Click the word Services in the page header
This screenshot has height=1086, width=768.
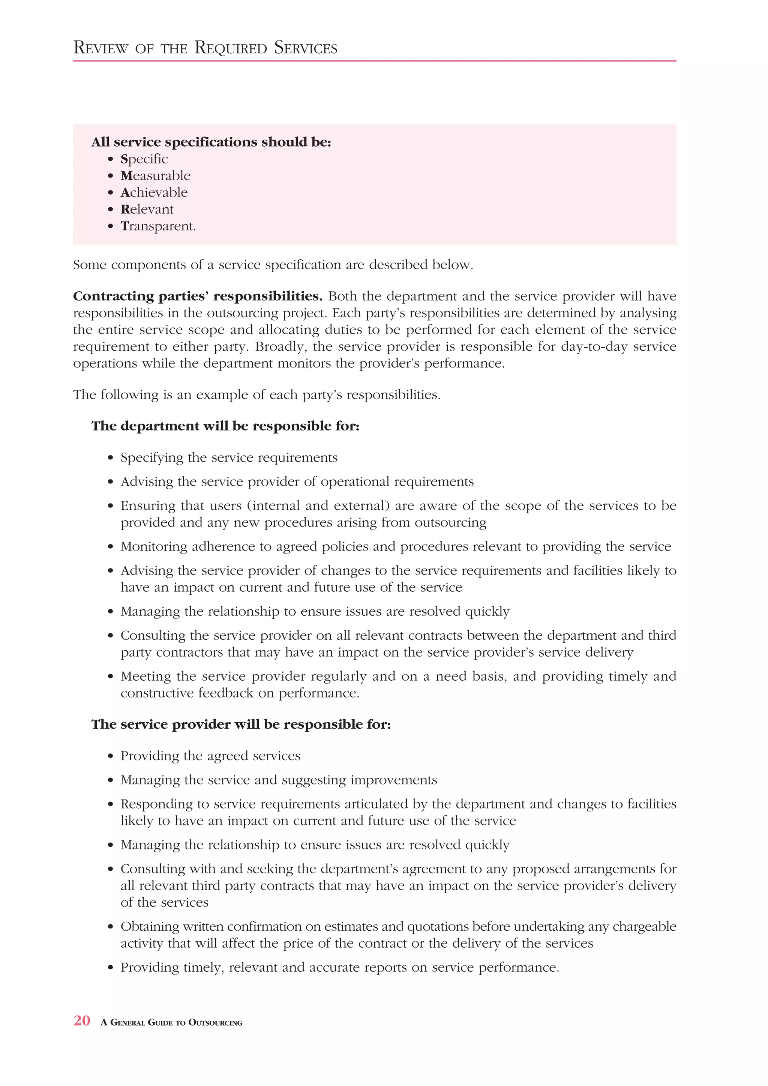pos(306,48)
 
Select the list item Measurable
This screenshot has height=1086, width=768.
pos(155,176)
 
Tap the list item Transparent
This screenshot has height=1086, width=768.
pos(158,226)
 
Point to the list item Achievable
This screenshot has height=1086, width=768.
pos(154,192)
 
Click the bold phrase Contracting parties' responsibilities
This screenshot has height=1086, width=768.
pos(198,296)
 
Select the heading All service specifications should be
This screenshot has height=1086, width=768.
pos(211,142)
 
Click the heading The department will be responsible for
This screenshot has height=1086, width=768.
pos(225,426)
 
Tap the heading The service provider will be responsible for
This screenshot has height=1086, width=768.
pos(241,724)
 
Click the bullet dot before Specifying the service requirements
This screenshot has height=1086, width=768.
pos(111,458)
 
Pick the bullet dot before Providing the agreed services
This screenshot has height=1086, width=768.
pos(111,756)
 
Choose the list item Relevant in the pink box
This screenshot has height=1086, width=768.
pos(147,209)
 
